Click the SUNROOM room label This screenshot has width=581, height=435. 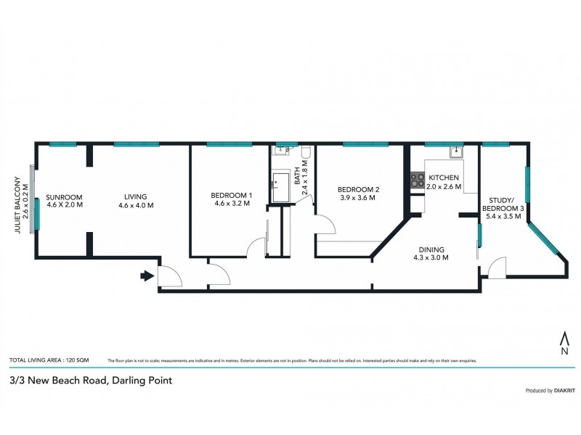(x=65, y=197)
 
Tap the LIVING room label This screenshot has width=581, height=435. (x=136, y=196)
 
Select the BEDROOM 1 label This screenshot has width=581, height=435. (x=232, y=195)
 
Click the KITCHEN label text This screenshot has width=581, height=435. (x=443, y=178)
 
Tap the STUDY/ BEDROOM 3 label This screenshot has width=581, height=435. (x=502, y=204)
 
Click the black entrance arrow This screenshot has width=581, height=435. (x=146, y=275)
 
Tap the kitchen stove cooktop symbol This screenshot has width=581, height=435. (x=418, y=180)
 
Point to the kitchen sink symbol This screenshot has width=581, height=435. (x=456, y=152)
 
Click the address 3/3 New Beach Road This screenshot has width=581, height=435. (x=91, y=380)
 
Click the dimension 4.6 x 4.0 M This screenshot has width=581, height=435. (x=136, y=205)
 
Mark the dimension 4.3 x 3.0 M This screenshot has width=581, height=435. (x=431, y=257)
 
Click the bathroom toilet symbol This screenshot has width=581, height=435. (x=307, y=152)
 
